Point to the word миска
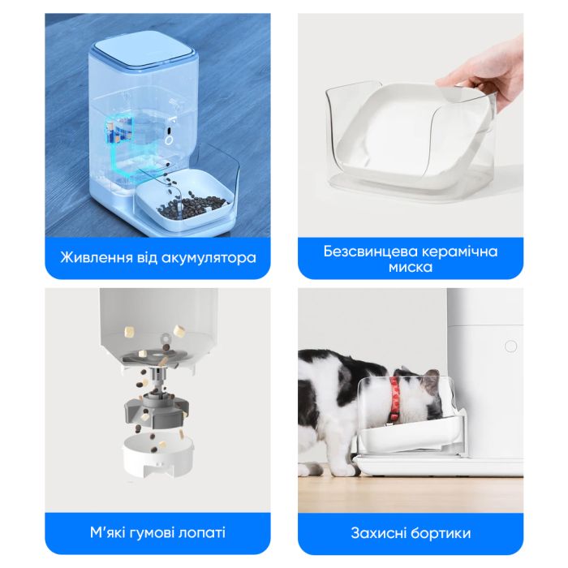pyautogui.click(x=410, y=267)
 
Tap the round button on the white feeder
pyautogui.click(x=510, y=346)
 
